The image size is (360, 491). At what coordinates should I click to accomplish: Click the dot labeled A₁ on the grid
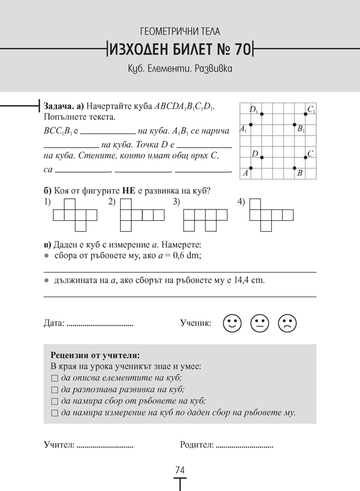tap(250, 125)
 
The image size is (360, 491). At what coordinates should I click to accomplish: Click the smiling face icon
tap(232, 324)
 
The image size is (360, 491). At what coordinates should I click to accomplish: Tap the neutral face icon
tap(259, 324)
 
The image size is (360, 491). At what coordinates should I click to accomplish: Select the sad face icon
tap(287, 324)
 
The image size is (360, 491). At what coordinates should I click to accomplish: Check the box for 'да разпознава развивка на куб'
tap(55, 390)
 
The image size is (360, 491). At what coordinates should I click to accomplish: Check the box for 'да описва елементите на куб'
tap(55, 378)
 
